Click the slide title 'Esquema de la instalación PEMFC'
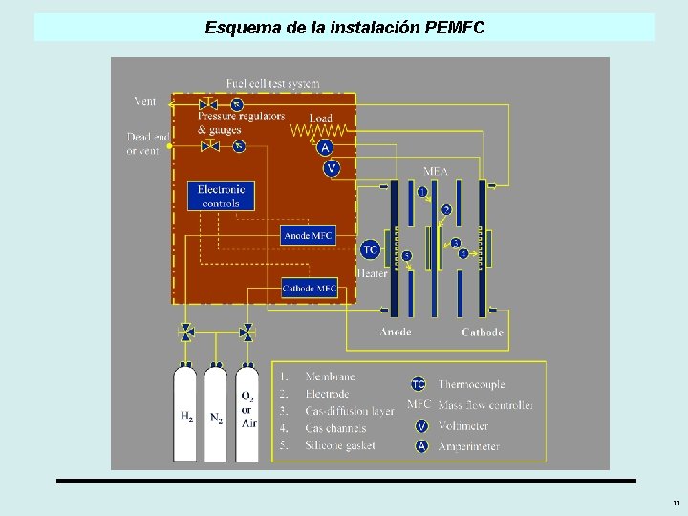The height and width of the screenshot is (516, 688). pyautogui.click(x=345, y=28)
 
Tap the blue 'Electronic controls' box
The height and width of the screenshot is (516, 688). pyautogui.click(x=222, y=196)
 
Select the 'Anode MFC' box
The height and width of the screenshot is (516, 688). pyautogui.click(x=309, y=235)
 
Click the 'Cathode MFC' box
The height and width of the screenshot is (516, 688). pyautogui.click(x=309, y=288)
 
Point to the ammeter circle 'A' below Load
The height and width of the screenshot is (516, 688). pyautogui.click(x=325, y=147)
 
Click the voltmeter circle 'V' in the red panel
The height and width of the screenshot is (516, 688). pyautogui.click(x=332, y=168)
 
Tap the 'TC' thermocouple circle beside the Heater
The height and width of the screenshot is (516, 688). pyautogui.click(x=370, y=250)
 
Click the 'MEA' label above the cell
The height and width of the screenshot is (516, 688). pyautogui.click(x=436, y=172)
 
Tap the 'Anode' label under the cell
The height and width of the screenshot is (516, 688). pyautogui.click(x=396, y=333)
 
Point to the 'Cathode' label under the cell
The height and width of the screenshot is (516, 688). pyautogui.click(x=482, y=333)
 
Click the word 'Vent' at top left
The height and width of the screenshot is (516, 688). pyautogui.click(x=144, y=101)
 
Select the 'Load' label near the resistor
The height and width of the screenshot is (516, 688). pyautogui.click(x=321, y=118)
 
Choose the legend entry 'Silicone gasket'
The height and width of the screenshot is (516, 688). pyautogui.click(x=340, y=445)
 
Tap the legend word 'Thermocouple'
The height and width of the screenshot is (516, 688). pyautogui.click(x=471, y=384)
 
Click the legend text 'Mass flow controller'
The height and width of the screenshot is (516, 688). pyautogui.click(x=485, y=405)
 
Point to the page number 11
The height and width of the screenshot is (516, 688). pyautogui.click(x=676, y=503)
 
